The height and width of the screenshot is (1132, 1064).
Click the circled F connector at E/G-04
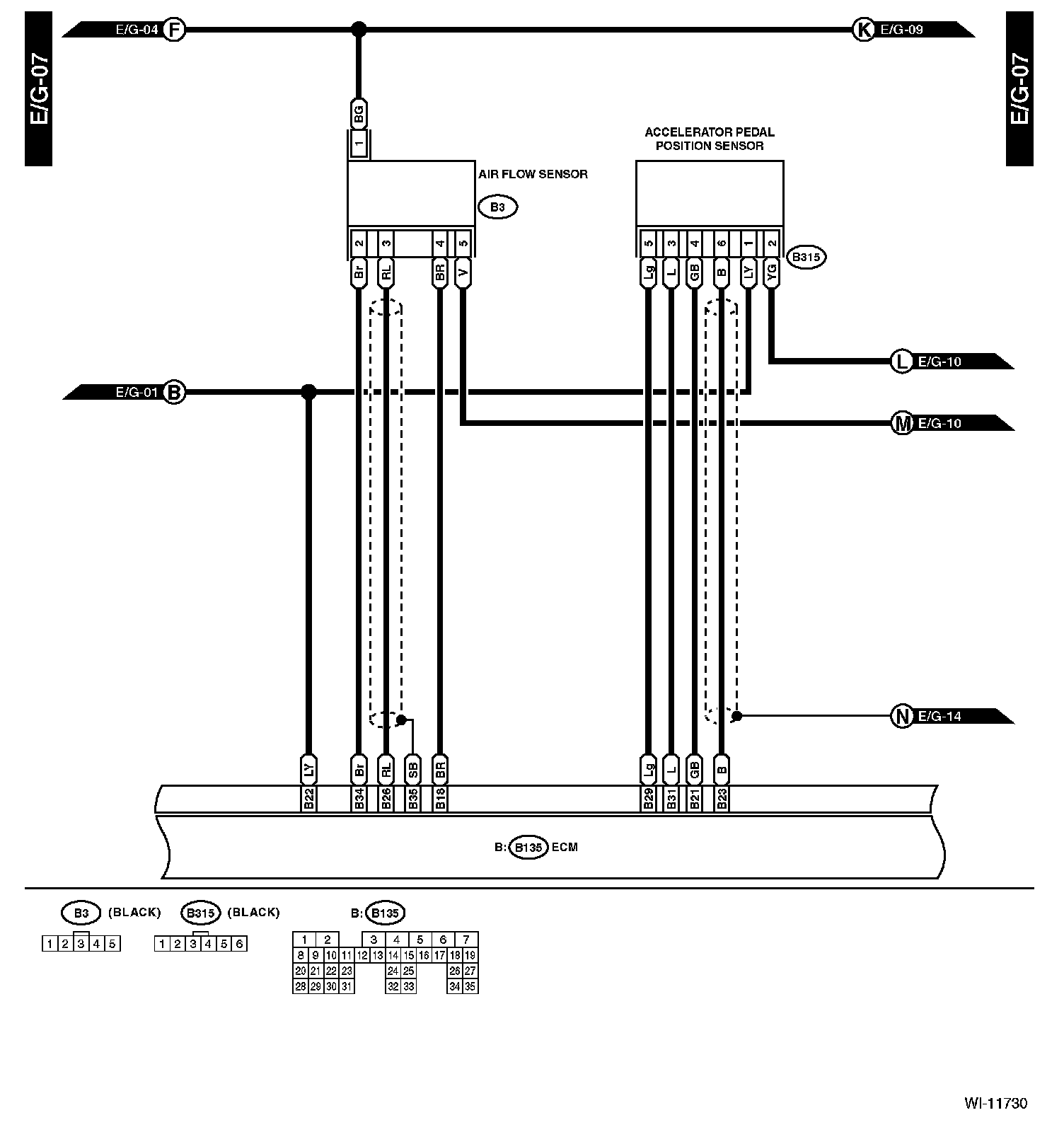(x=174, y=30)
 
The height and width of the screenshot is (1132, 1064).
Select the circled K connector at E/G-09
(x=864, y=30)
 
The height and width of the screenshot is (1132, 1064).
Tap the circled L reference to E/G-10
(x=901, y=362)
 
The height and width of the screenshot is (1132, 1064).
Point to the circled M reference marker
(x=902, y=424)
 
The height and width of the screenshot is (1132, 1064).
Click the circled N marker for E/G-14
(x=902, y=717)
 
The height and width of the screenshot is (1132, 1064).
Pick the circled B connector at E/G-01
(x=174, y=392)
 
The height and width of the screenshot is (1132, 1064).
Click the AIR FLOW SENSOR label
(x=533, y=174)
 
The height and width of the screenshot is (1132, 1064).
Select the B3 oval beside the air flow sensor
(x=497, y=207)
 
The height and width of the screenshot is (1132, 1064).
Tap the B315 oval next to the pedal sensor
(x=806, y=258)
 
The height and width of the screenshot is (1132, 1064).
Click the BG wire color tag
(x=359, y=113)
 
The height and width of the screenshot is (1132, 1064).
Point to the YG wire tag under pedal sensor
(x=772, y=272)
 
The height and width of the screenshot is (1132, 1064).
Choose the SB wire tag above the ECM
(x=413, y=770)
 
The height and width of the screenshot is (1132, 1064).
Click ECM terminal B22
(x=308, y=799)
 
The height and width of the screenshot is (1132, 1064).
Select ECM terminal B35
(x=413, y=799)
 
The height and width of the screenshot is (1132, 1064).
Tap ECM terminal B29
(x=648, y=799)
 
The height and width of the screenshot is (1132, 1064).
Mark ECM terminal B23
(x=722, y=799)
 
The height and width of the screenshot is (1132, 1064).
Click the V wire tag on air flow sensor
(x=463, y=272)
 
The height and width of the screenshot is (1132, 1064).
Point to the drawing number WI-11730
(x=995, y=1103)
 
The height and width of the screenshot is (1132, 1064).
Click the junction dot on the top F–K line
(x=359, y=30)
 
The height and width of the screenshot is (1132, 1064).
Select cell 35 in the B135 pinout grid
(x=470, y=986)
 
